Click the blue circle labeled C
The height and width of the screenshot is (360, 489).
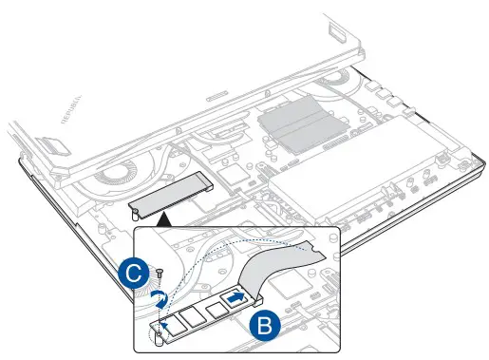(x=137, y=275)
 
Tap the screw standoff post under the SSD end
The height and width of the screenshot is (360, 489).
(x=155, y=334)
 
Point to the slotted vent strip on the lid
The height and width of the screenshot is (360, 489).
(x=217, y=96)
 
